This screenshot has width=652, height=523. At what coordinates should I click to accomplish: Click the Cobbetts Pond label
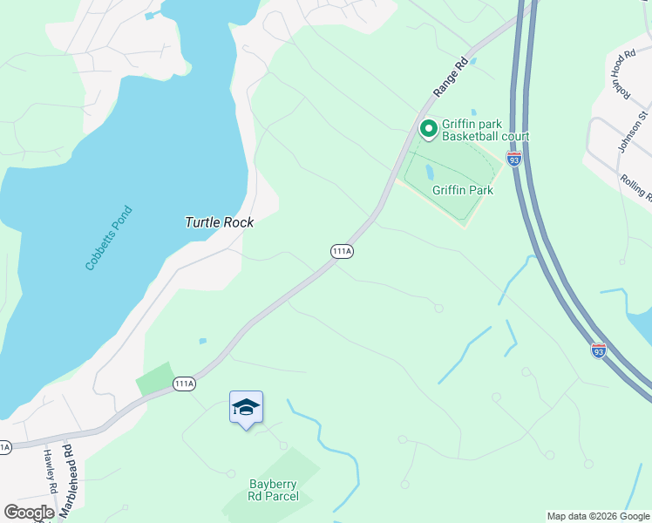[x=109, y=238]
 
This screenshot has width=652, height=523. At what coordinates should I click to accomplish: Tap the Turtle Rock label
[x=219, y=222]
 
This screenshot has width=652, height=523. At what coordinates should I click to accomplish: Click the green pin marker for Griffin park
[x=428, y=130]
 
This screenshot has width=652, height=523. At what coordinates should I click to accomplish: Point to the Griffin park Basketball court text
[x=485, y=130]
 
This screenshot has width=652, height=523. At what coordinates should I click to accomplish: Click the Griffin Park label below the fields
[x=463, y=190]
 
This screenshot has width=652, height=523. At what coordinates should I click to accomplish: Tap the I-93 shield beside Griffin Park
[x=515, y=160]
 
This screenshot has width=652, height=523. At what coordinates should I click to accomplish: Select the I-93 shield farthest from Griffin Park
[x=598, y=350]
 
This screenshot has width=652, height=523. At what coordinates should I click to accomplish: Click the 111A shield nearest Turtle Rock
[x=342, y=251]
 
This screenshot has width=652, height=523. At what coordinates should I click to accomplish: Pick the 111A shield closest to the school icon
[x=183, y=384]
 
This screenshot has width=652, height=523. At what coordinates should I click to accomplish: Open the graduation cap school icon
[x=246, y=407]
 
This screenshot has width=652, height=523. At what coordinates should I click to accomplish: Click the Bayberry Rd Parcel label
[x=274, y=490]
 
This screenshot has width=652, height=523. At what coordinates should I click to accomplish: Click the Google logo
[x=29, y=513]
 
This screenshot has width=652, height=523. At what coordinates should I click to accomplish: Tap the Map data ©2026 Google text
[x=597, y=516]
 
